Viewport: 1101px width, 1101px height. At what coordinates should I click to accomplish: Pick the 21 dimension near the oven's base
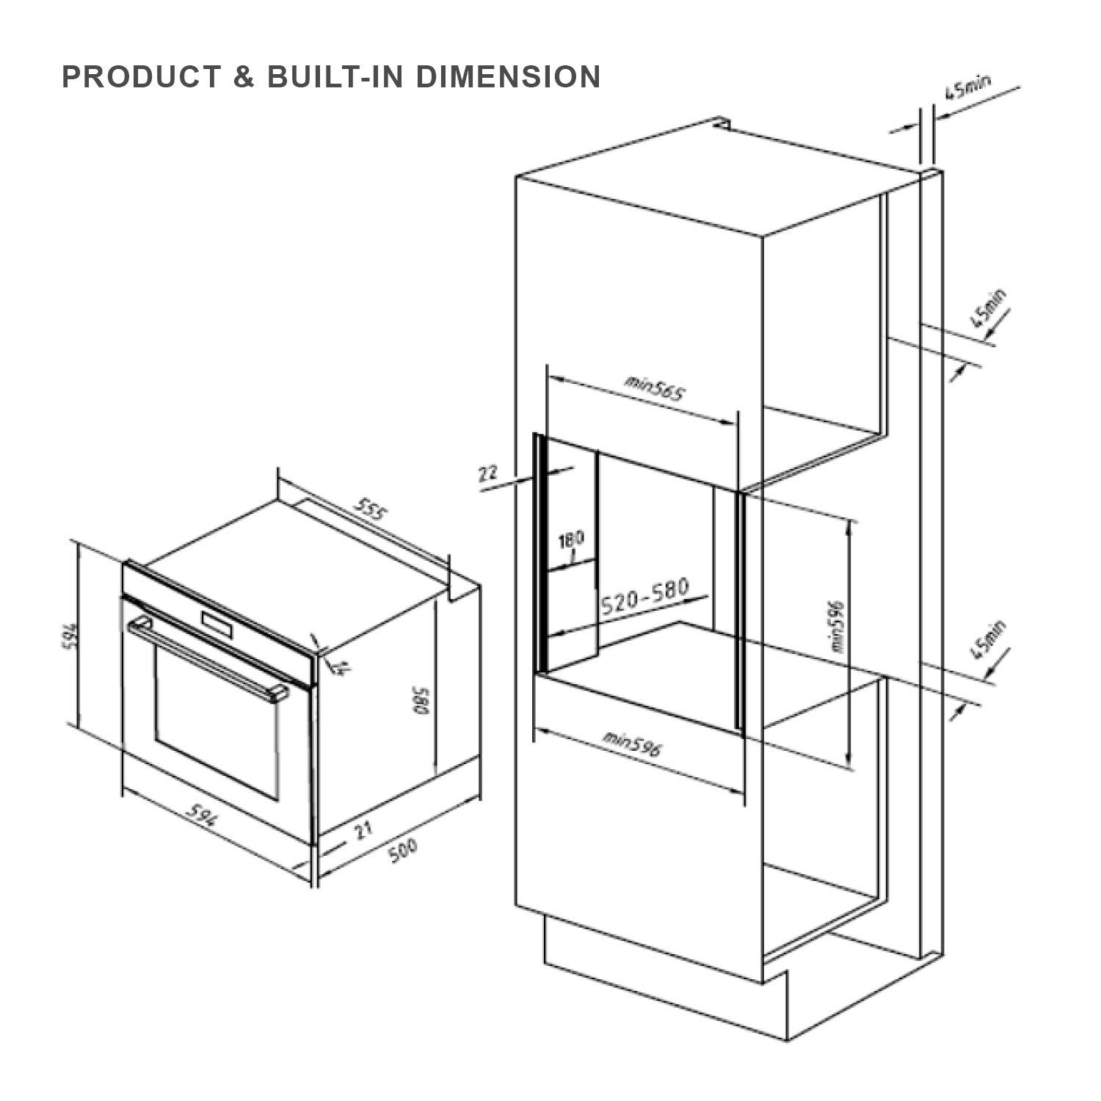(x=362, y=832)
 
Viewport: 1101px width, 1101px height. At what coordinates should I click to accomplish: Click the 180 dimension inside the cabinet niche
(x=571, y=539)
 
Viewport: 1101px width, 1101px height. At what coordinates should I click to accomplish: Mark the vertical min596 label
(x=837, y=628)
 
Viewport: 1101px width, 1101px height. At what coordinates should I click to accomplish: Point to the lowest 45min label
(x=987, y=641)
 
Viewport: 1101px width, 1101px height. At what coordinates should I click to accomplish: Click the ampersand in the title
(x=244, y=77)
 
